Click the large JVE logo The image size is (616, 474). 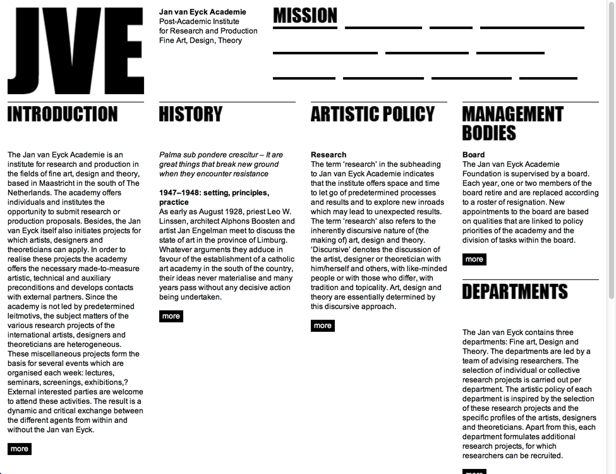pyautogui.click(x=75, y=51)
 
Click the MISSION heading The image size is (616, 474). pyautogui.click(x=305, y=16)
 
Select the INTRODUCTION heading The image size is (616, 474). pyautogui.click(x=63, y=114)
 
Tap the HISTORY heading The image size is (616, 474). pyautogui.click(x=191, y=114)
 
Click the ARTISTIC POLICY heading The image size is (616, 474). pyautogui.click(x=373, y=114)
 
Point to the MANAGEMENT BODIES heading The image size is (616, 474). pyautogui.click(x=512, y=123)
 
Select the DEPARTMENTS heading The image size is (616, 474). pyautogui.click(x=515, y=291)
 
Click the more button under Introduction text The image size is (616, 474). pyautogui.click(x=20, y=449)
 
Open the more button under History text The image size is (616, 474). pyautogui.click(x=171, y=316)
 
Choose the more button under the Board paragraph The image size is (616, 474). pyautogui.click(x=474, y=259)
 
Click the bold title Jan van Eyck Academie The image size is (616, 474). pyautogui.click(x=203, y=12)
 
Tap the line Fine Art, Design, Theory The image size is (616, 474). pyautogui.click(x=200, y=40)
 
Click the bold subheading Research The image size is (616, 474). pyautogui.click(x=329, y=155)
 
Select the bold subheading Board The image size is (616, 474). pyautogui.click(x=474, y=155)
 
